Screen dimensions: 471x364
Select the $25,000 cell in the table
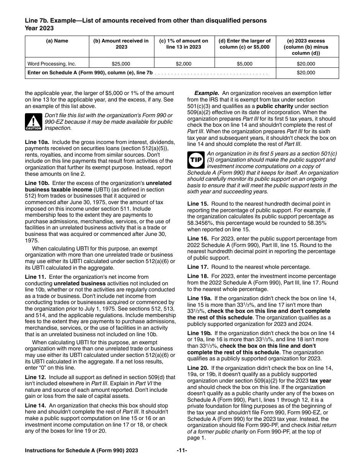point(121,64)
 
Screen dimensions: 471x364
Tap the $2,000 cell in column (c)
point(184,64)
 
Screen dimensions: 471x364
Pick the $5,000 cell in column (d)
point(245,64)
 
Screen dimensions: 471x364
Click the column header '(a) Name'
point(57,41)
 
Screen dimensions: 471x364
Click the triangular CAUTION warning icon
point(33,122)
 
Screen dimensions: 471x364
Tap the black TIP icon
point(195,160)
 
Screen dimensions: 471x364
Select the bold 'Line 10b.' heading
point(36,183)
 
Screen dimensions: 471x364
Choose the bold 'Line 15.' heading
point(198,204)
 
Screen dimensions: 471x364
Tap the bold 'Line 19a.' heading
point(199,298)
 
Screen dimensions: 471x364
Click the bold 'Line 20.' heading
point(198,368)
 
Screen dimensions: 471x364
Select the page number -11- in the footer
point(182,451)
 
